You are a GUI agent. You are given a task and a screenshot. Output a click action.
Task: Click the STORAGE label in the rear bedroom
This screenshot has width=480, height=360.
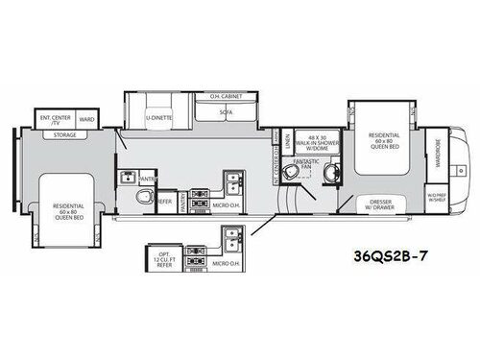click(x=65, y=135)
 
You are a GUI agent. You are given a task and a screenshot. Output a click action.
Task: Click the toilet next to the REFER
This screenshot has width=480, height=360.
click(x=145, y=197)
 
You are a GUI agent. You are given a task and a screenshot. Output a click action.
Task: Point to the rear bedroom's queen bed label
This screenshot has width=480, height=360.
click(x=68, y=210)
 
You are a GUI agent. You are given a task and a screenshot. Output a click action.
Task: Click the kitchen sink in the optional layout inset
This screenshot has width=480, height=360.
click(x=229, y=240)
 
